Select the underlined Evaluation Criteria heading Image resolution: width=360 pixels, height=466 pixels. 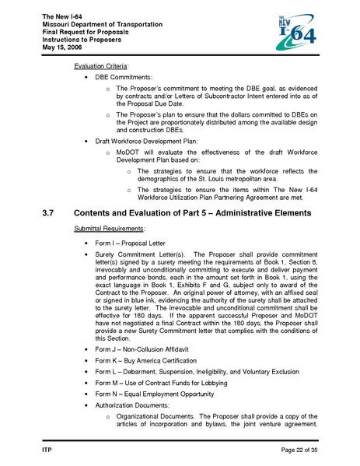tap(102, 67)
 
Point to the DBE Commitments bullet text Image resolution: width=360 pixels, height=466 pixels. tap(124, 79)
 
